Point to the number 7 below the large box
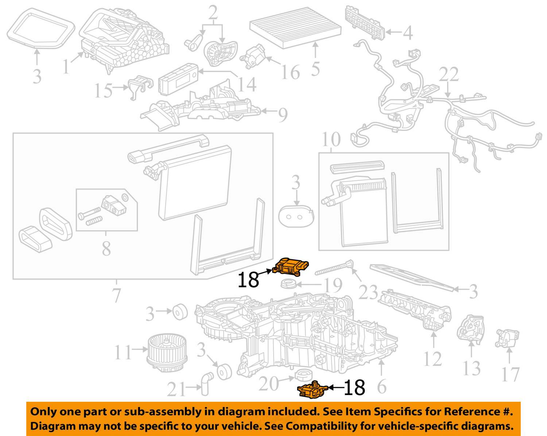116,295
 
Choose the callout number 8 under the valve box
106,249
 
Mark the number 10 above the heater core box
331,139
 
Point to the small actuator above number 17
507,338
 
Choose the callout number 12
433,359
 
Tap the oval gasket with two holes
295,218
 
